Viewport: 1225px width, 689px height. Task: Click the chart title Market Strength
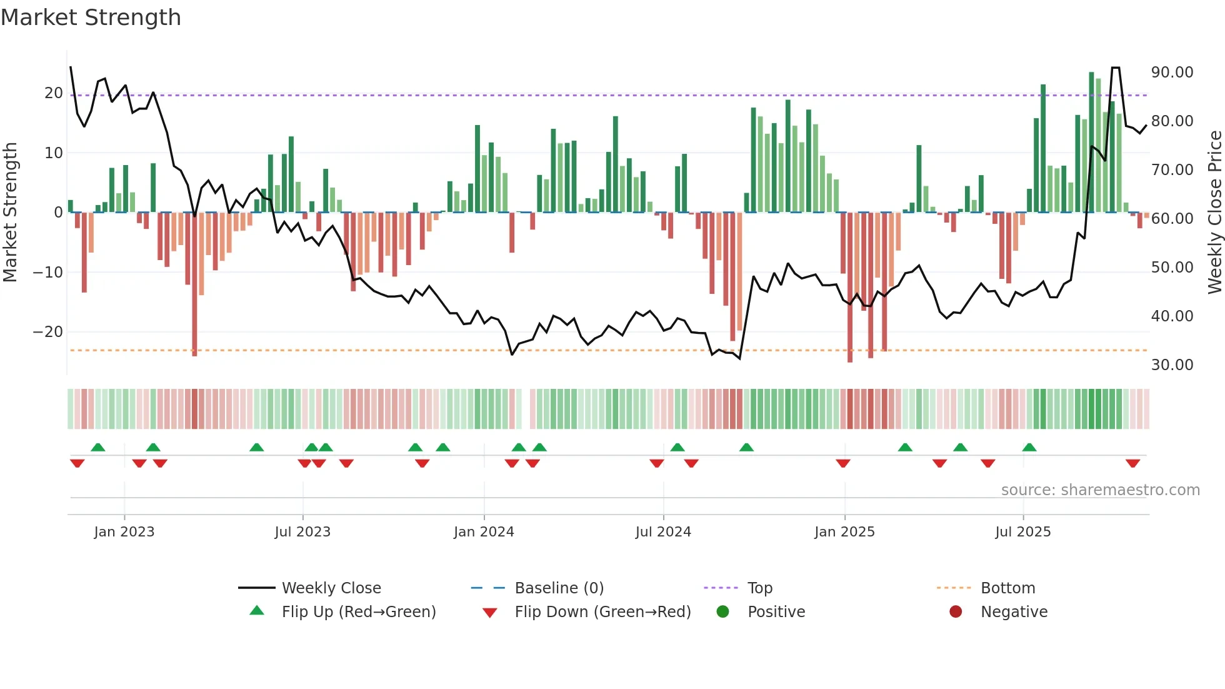91,18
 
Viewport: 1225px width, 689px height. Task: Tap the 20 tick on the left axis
54,93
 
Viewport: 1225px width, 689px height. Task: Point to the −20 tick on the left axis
48,332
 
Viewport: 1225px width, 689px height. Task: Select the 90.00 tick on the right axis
1172,73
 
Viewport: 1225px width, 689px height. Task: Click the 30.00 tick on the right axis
1172,365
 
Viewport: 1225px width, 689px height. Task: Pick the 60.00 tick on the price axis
1172,219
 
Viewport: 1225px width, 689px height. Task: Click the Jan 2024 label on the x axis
484,532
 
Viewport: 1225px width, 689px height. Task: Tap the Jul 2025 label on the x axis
1023,532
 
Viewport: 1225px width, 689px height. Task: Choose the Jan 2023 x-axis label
124,532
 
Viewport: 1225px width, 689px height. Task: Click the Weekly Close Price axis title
1214,213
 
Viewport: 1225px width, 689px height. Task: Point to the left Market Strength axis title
11,213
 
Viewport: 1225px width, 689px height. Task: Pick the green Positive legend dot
723,612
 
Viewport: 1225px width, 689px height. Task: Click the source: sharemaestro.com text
1100,490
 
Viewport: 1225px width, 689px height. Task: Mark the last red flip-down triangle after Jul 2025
1133,463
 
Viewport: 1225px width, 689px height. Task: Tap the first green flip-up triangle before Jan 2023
98,447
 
